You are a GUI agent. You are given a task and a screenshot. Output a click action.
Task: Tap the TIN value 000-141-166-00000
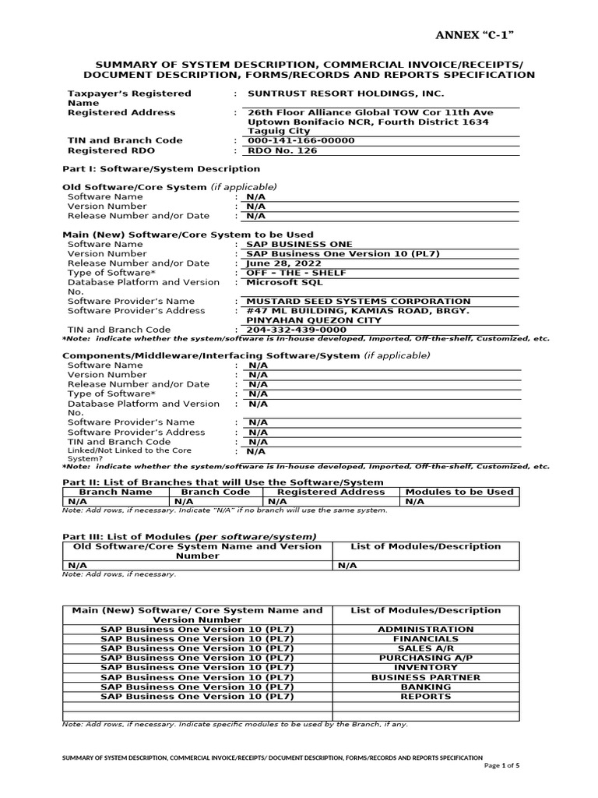coord(301,140)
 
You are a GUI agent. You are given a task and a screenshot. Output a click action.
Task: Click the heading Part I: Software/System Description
coord(160,169)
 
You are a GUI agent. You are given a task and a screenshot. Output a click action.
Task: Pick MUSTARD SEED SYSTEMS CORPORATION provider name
coord(358,301)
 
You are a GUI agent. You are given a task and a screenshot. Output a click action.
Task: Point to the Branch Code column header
coord(216,492)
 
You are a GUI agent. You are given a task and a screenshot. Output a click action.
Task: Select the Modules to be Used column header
coord(459,492)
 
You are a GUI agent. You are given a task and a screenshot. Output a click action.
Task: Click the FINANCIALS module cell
coord(424,638)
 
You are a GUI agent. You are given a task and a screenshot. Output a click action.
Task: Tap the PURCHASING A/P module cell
coord(424,658)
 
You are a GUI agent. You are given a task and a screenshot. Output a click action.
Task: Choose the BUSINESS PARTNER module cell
coord(424,677)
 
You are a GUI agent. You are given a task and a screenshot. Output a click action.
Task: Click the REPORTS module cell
coord(424,696)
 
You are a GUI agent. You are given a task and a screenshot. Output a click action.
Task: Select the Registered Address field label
coord(121,112)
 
